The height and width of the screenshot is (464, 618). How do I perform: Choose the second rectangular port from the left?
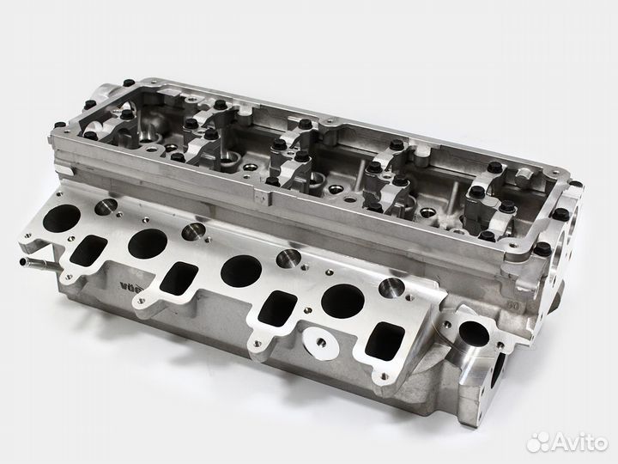pos(178,277)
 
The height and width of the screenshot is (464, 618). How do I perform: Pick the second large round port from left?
pos(145,242)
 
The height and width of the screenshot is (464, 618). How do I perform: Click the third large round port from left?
pos(240,271)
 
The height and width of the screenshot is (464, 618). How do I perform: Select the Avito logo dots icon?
pos(541,441)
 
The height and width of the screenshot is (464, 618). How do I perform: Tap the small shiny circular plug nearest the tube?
pos(106,206)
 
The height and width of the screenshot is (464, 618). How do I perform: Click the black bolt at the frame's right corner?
pos(543,249)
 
